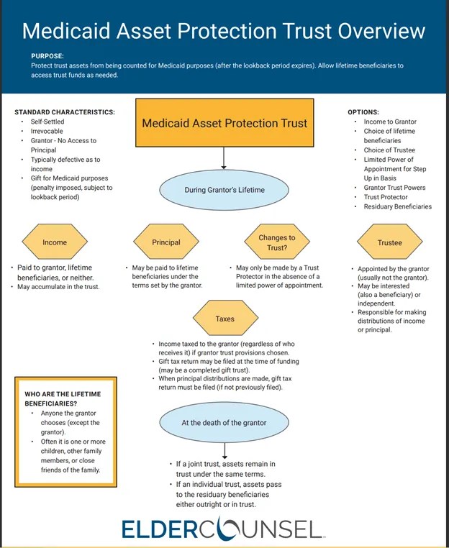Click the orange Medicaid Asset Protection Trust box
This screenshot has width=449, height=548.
(x=224, y=123)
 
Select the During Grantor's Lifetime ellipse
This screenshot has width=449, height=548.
(x=224, y=190)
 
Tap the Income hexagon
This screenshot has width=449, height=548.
(x=55, y=242)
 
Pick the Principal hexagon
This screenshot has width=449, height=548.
(x=167, y=242)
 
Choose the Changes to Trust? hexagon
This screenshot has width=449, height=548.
(x=277, y=242)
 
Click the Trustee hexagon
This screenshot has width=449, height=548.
(x=389, y=242)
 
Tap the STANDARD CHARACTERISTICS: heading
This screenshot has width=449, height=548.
(x=65, y=112)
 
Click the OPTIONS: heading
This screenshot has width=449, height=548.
(x=363, y=112)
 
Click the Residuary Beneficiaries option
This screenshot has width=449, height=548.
(x=398, y=206)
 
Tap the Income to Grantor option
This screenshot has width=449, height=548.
(x=391, y=122)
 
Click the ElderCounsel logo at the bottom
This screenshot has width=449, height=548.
(x=222, y=529)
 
